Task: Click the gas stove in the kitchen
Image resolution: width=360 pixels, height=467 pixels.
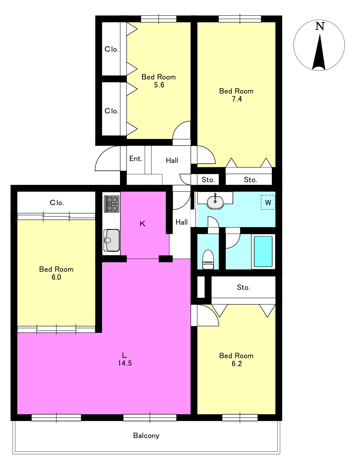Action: (111, 204)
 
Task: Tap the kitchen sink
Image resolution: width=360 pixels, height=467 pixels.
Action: (111, 240)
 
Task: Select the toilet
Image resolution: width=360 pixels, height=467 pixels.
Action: (208, 259)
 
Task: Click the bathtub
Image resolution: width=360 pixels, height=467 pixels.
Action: (263, 251)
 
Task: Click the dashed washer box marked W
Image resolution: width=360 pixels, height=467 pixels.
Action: (268, 202)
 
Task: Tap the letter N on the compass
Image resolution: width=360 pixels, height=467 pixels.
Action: (320, 26)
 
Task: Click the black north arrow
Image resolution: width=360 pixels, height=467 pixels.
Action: (319, 52)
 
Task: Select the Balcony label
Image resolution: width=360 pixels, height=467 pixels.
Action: (146, 435)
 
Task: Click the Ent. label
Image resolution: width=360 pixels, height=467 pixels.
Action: (136, 159)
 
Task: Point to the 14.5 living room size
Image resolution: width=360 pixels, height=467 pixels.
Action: (125, 363)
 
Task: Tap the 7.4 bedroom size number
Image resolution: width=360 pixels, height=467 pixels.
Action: (237, 99)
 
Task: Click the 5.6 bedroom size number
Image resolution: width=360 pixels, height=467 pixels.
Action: (159, 85)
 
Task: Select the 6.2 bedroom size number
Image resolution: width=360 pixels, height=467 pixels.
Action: (237, 364)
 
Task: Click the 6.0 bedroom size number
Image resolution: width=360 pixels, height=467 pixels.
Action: (56, 277)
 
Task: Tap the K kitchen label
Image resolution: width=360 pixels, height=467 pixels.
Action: (142, 224)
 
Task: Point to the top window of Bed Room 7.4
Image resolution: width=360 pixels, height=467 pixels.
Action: (240, 19)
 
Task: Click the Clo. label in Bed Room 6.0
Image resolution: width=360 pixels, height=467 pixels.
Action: (57, 202)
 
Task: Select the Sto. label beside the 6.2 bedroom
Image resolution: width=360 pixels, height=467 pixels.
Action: (243, 287)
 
